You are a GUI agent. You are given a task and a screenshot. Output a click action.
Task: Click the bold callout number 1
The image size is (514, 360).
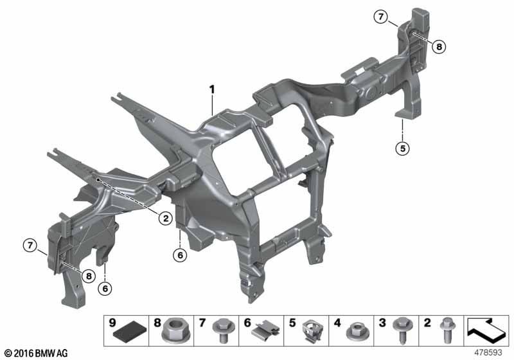tap(213, 89)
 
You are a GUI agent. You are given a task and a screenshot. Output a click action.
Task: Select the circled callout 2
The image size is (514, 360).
tap(166, 218)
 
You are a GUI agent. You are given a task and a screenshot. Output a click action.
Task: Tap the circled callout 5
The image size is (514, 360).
tap(403, 148)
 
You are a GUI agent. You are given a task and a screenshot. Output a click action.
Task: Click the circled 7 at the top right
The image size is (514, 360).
tap(380, 17)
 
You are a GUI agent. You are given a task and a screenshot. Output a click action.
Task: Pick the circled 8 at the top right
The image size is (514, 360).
tap(439, 47)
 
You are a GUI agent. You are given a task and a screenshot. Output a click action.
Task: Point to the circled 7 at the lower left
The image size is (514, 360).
tap(30, 245)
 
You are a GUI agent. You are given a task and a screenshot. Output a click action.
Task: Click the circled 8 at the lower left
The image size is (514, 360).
tap(89, 276)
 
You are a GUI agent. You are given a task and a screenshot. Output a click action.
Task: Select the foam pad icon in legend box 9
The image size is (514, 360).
tap(130, 334)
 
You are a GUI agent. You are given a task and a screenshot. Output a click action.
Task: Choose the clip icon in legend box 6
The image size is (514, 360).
tap(266, 331)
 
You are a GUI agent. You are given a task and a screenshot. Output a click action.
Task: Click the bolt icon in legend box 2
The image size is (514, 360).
tap(447, 330)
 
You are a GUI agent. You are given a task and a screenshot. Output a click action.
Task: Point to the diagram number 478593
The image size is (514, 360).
tap(488, 352)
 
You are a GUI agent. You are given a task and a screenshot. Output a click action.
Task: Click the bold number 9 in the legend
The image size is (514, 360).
tap(112, 323)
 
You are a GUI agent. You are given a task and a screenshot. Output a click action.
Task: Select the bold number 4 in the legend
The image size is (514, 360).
tap(337, 323)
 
